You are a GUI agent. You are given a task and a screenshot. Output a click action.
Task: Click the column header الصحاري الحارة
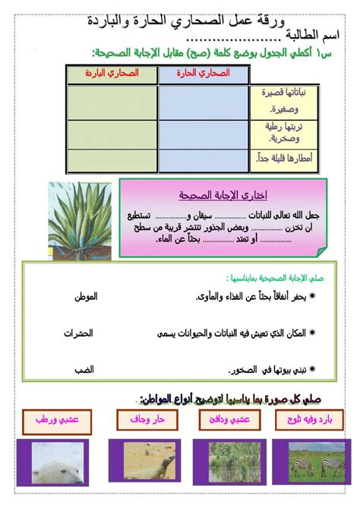point(204,74)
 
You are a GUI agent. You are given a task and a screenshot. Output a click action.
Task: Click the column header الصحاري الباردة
point(112,74)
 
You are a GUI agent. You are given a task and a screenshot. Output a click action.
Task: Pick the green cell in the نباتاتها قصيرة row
point(112,102)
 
